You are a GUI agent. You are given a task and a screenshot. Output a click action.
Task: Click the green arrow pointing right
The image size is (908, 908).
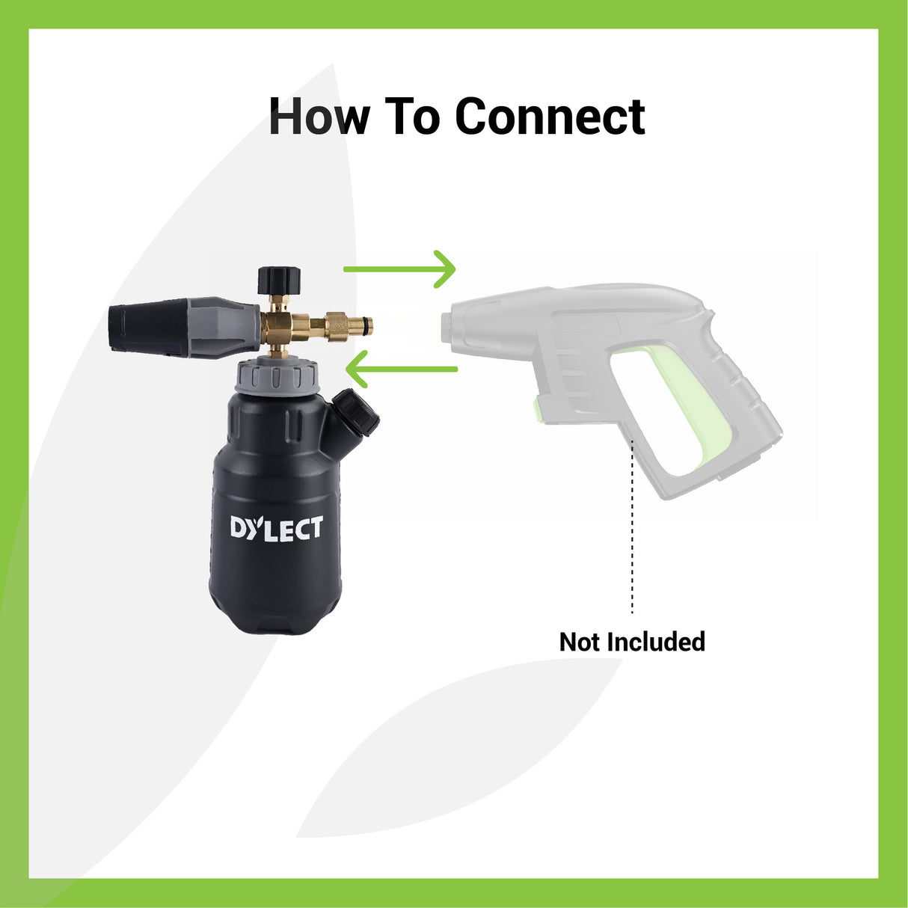[x=400, y=269]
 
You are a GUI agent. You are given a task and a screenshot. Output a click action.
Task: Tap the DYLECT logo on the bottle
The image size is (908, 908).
[x=276, y=528]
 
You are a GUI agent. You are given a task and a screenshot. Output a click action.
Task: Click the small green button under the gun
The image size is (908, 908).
[x=538, y=409]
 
